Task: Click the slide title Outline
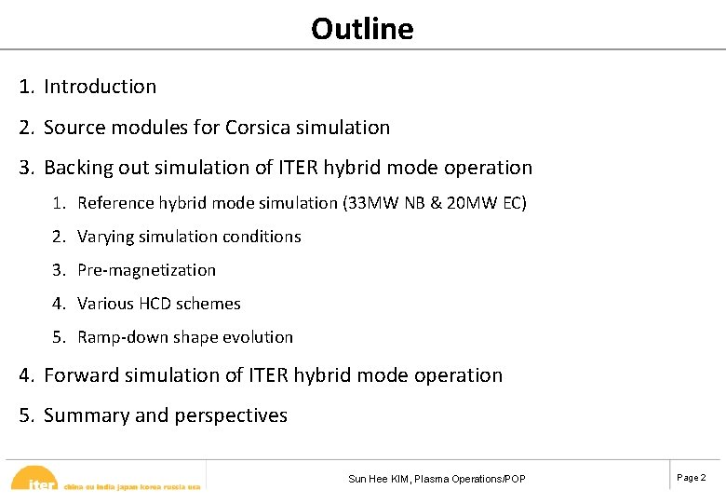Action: [362, 29]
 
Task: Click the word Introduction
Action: [100, 87]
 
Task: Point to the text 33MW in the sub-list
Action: [374, 203]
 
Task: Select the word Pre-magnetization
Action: [146, 270]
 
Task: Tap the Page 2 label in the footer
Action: [691, 478]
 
